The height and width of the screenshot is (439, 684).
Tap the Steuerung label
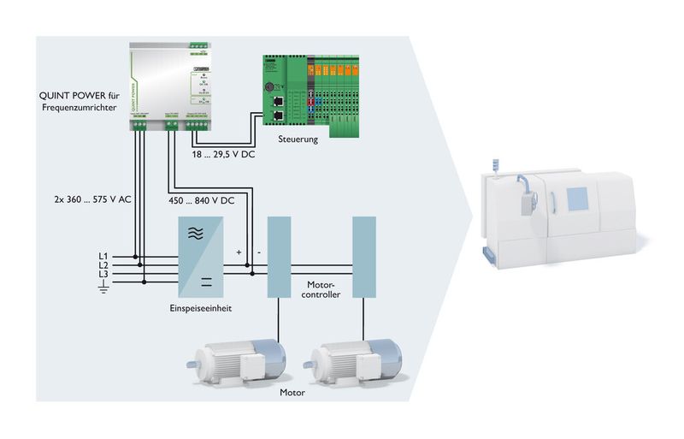click(x=298, y=138)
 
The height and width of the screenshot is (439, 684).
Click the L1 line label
click(x=104, y=255)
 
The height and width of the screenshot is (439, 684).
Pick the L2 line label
click(x=104, y=265)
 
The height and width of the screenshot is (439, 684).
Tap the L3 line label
click(x=104, y=276)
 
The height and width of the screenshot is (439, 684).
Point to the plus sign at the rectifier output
click(x=239, y=253)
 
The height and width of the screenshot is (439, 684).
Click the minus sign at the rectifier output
click(x=258, y=253)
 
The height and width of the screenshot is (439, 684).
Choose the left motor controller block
click(x=279, y=257)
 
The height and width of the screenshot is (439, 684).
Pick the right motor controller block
click(x=363, y=257)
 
